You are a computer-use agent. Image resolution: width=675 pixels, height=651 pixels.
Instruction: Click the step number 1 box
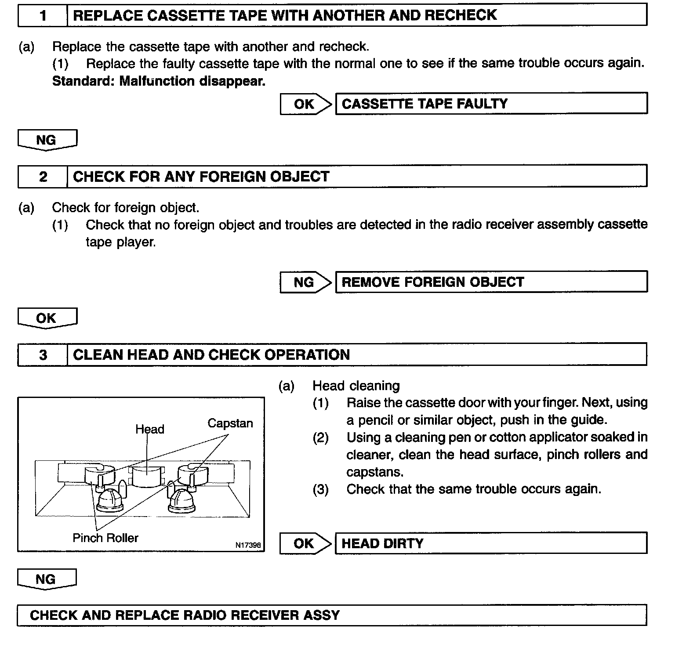(x=43, y=15)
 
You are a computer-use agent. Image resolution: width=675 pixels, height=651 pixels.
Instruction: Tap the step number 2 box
(x=43, y=177)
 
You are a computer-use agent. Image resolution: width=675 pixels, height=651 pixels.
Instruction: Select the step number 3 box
(x=43, y=354)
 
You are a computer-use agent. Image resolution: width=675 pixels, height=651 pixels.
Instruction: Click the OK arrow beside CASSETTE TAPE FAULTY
(x=305, y=104)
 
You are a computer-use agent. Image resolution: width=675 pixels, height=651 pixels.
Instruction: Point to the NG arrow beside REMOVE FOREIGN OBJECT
(x=305, y=282)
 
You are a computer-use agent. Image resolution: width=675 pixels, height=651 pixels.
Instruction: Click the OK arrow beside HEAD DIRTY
(x=305, y=543)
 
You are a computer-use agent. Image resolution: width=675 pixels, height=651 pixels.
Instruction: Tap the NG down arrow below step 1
(x=47, y=140)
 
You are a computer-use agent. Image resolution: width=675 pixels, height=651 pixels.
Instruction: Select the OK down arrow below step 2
(x=47, y=318)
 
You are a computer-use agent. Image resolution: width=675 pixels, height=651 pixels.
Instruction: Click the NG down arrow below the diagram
(x=47, y=579)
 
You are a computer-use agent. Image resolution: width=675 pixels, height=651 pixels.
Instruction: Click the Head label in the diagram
(x=149, y=429)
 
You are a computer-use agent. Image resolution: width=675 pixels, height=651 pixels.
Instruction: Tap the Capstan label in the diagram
(x=230, y=423)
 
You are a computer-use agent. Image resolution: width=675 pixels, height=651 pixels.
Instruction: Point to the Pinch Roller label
(x=105, y=538)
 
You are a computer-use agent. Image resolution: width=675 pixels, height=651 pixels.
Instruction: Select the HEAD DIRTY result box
(x=491, y=543)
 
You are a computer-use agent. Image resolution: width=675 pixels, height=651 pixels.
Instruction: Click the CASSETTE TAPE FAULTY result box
(x=491, y=104)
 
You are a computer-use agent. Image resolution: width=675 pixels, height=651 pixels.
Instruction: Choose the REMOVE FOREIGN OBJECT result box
(x=491, y=282)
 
